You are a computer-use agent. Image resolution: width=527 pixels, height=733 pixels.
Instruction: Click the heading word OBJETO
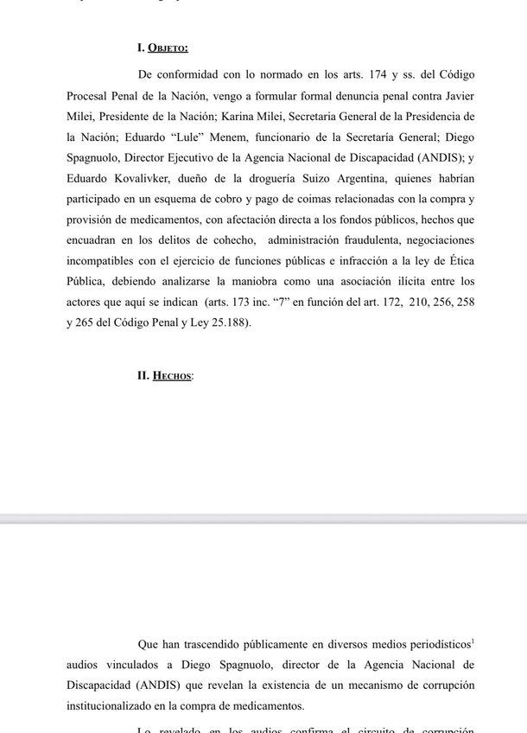pyautogui.click(x=168, y=48)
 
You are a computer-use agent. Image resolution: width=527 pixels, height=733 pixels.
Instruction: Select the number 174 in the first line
pyautogui.click(x=381, y=76)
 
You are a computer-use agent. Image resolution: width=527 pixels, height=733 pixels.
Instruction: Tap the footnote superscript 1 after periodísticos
pyautogui.click(x=473, y=641)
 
